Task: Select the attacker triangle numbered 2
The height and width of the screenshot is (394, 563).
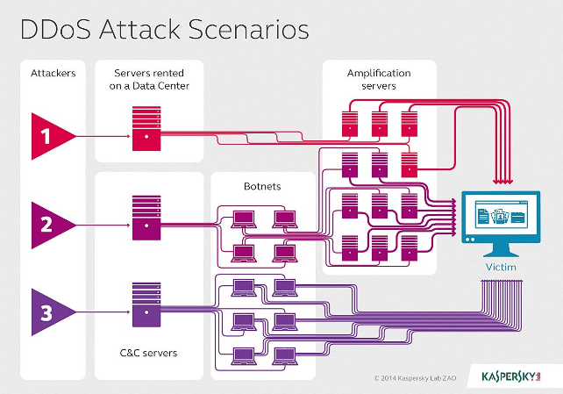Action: tap(49, 223)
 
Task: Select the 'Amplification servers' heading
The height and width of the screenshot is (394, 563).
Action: tap(378, 79)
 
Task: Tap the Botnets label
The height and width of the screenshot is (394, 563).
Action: tap(262, 187)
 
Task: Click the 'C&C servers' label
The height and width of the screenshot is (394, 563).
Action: tap(146, 353)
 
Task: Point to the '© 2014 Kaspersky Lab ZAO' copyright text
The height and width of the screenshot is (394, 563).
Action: tap(419, 377)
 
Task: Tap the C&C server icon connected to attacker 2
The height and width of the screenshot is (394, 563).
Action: tap(146, 216)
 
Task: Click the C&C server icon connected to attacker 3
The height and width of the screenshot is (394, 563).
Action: tap(146, 303)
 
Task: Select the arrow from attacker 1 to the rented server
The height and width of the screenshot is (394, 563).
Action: tap(101, 134)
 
